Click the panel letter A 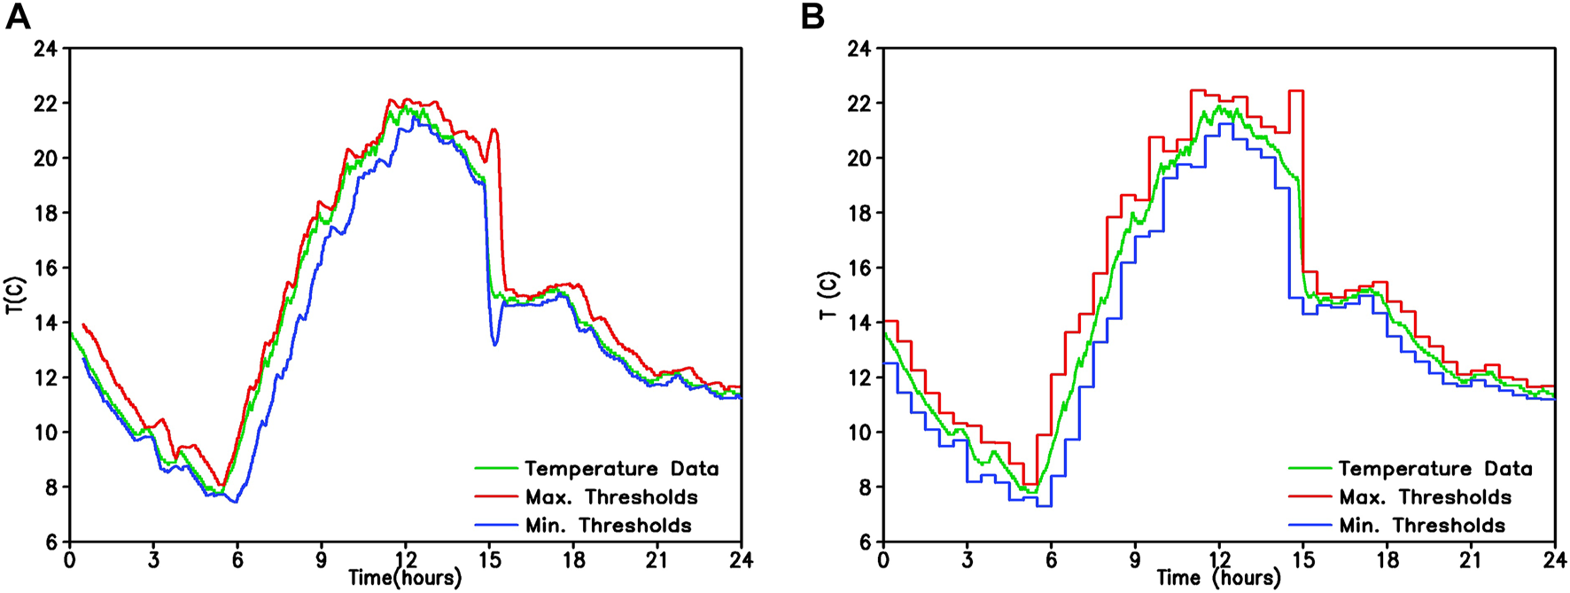[18, 16]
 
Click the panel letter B [812, 16]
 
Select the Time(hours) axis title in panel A [405, 579]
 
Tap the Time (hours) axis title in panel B [1218, 579]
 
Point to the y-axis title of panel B [829, 296]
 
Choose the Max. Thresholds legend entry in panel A [611, 497]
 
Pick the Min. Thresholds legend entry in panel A [608, 526]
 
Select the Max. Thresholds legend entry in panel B [1425, 497]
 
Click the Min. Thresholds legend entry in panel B [1421, 526]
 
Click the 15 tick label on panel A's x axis [489, 560]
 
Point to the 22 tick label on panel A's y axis [45, 104]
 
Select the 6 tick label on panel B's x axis [1051, 560]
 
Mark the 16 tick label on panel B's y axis [859, 269]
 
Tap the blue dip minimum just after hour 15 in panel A [494, 344]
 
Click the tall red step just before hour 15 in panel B [1295, 91]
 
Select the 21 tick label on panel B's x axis [1471, 560]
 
